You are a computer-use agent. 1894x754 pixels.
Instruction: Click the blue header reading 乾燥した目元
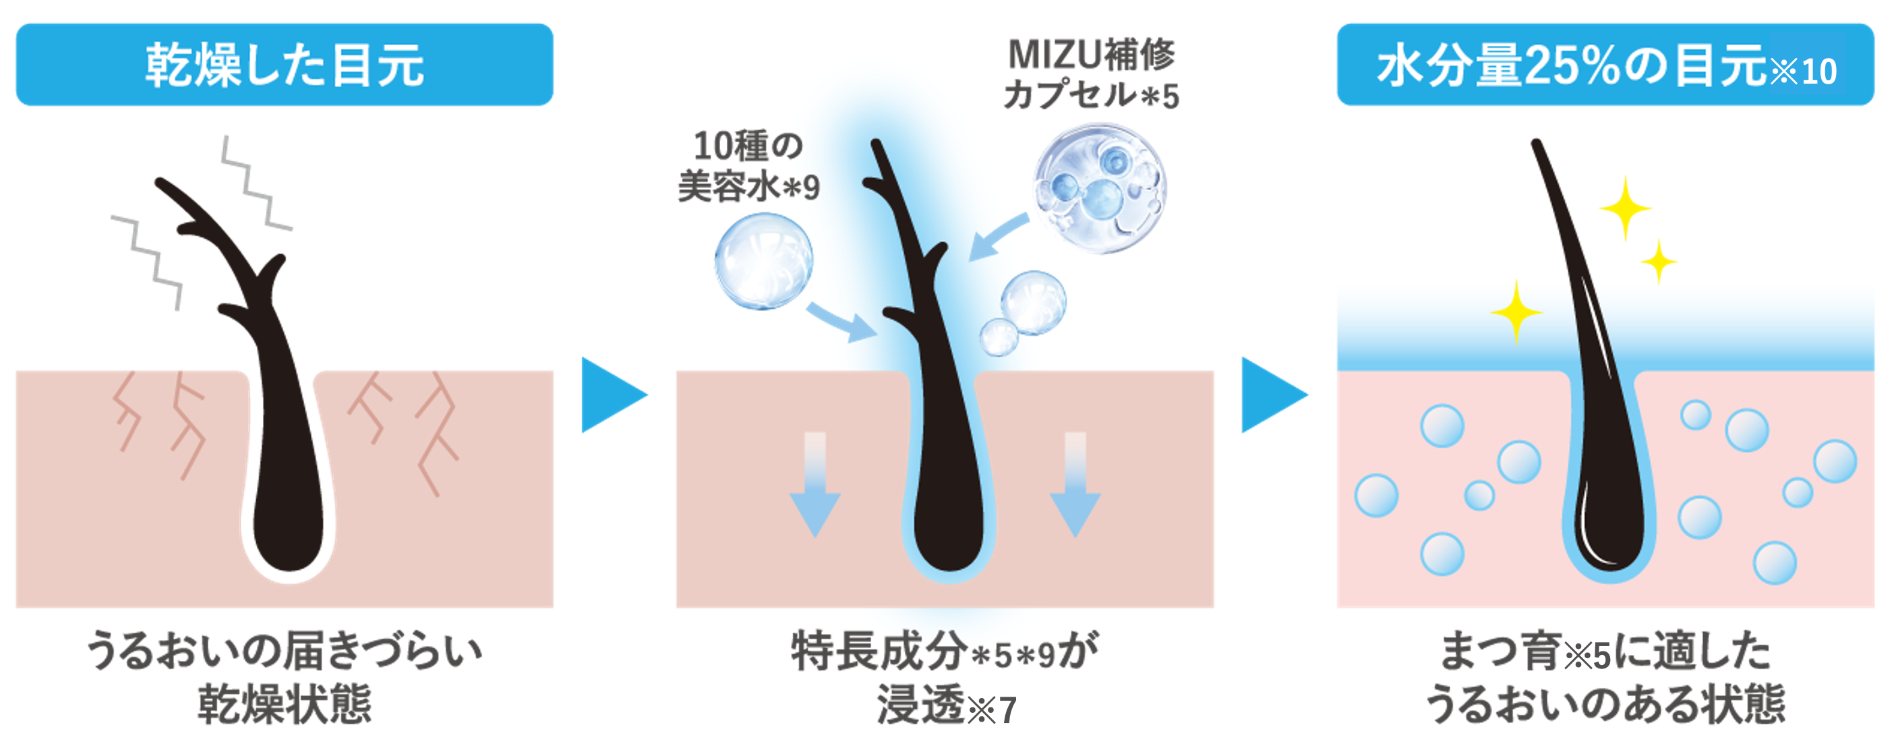coord(284,65)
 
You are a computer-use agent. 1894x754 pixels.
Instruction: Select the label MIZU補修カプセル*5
coord(1091,74)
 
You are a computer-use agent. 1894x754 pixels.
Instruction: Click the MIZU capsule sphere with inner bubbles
coord(1099,190)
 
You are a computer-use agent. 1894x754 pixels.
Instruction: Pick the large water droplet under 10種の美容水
coord(764,261)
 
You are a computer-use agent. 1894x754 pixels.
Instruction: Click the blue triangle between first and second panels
coord(612,395)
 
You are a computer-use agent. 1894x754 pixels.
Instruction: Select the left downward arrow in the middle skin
coord(815,486)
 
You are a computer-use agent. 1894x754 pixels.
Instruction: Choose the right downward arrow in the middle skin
coord(1075,486)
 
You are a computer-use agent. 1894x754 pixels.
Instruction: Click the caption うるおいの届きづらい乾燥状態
coord(284,676)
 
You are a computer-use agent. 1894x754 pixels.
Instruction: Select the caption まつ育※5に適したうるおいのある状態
coord(1605,676)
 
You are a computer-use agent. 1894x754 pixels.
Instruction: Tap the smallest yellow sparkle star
coord(1659,262)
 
